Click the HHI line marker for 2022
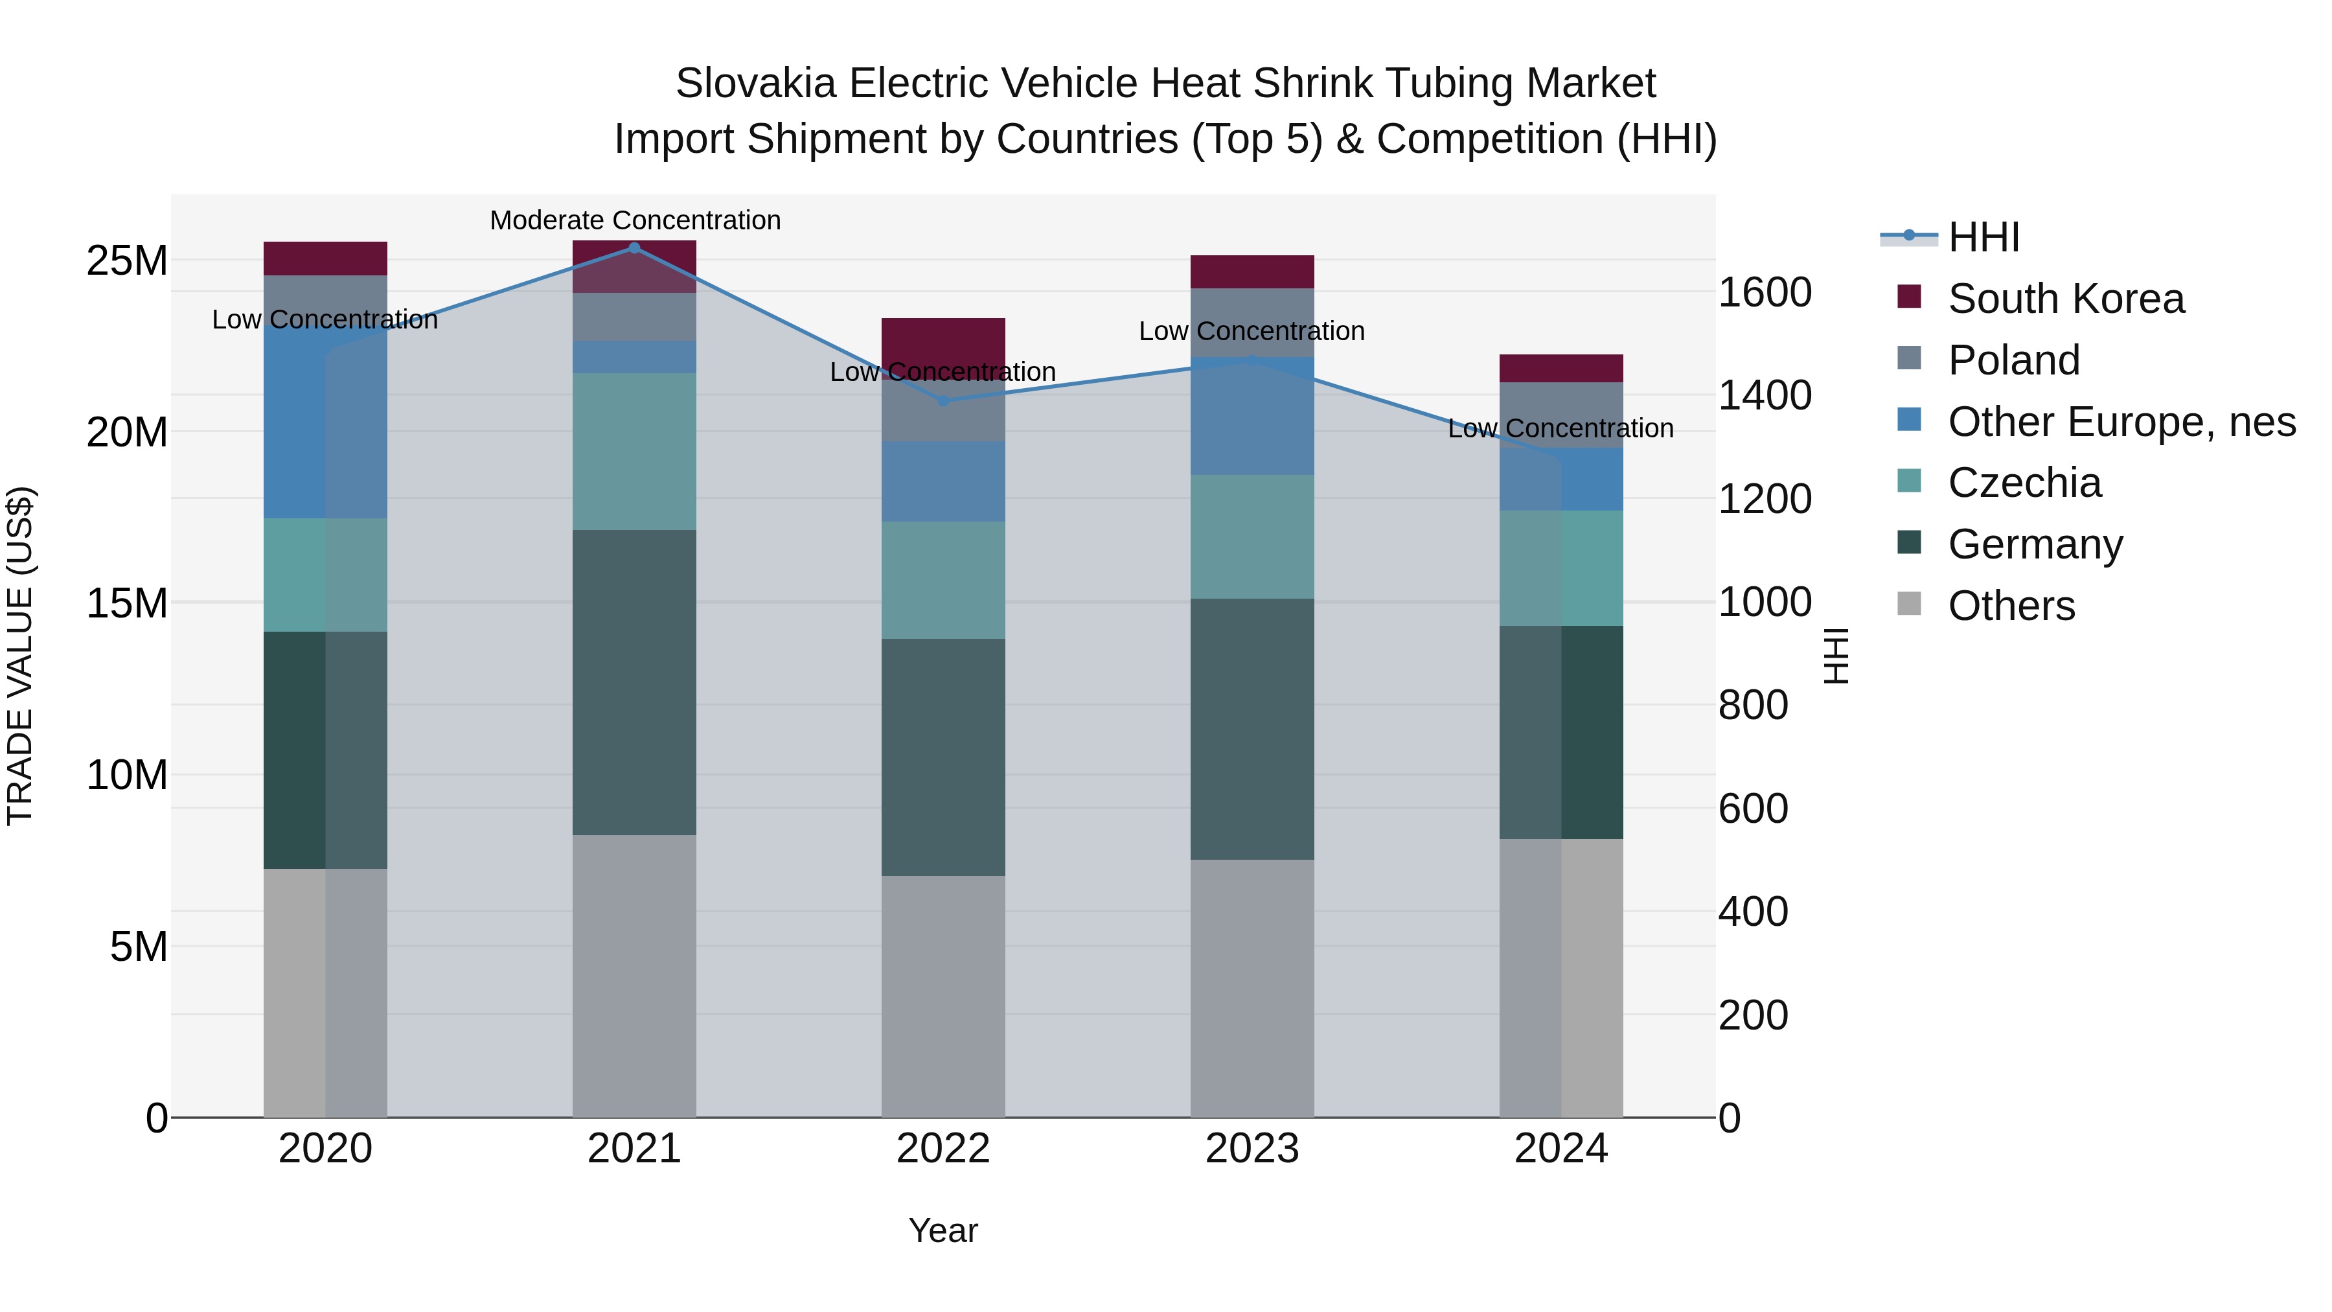pos(943,400)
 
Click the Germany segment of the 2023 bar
pos(1252,729)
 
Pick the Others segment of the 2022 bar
pos(943,996)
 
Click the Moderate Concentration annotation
pos(635,220)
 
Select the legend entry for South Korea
pos(2066,299)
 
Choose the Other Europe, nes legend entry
pos(2121,422)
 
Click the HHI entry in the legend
pos(1983,237)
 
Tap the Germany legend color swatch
pos(1908,544)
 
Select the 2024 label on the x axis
pos(1560,1149)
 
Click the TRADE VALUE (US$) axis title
pos(20,656)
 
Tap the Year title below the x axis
pos(943,1230)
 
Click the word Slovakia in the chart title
pos(755,84)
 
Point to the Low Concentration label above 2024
pos(1560,428)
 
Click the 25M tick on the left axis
pos(127,260)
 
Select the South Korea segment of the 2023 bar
pos(1252,271)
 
